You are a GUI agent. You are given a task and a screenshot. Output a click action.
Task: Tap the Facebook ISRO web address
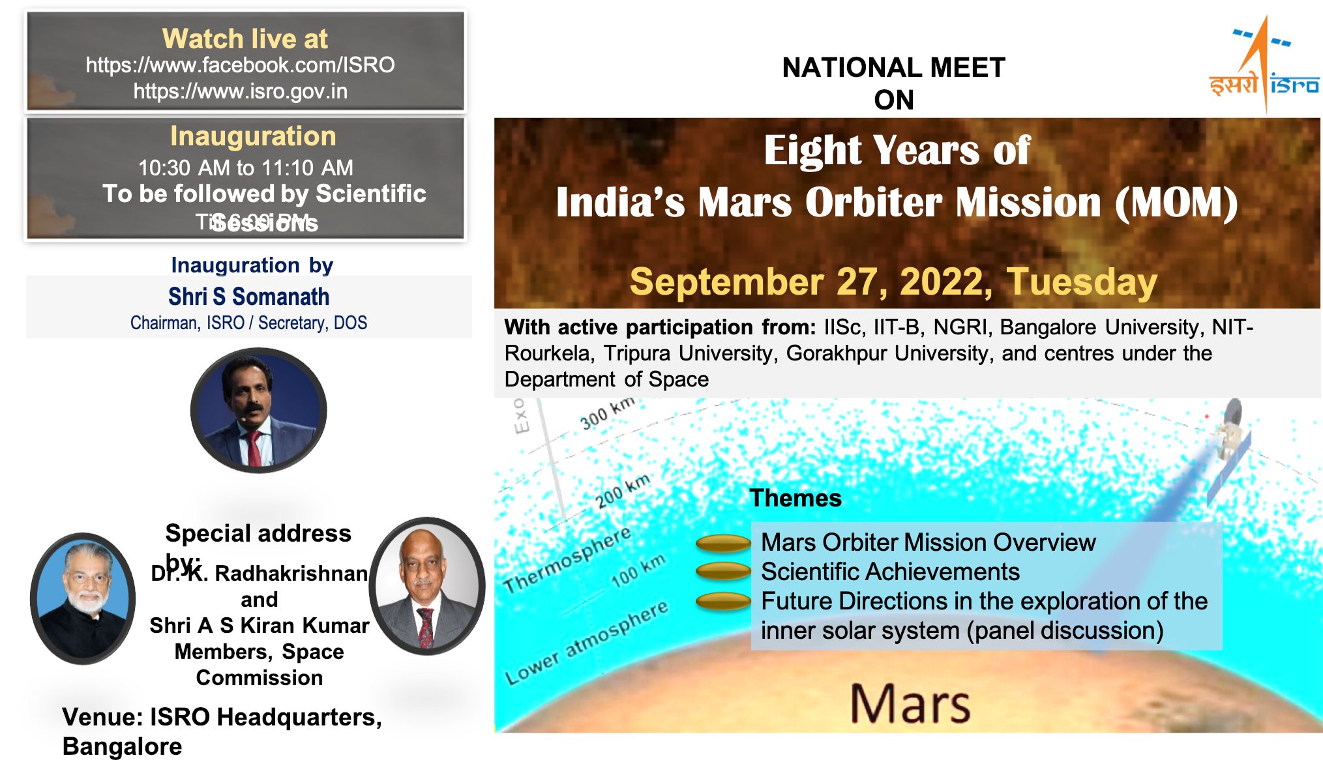tap(240, 65)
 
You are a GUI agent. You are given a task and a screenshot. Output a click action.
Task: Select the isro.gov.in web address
tap(240, 91)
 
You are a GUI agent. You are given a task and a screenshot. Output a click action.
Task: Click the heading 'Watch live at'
tap(245, 39)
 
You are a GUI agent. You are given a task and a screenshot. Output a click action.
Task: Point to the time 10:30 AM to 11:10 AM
tap(245, 168)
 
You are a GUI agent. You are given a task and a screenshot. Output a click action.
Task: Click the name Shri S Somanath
tap(248, 297)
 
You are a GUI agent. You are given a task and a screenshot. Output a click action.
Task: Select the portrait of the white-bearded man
tap(83, 598)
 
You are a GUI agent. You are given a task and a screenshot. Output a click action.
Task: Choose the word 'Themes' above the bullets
tap(795, 498)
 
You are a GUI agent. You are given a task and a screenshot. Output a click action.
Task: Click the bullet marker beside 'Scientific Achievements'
tap(723, 571)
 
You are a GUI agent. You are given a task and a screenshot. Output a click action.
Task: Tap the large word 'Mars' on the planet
tap(910, 703)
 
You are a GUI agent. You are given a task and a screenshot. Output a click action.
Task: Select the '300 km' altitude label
tap(607, 413)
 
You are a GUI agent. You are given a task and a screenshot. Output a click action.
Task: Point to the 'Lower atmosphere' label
tap(587, 642)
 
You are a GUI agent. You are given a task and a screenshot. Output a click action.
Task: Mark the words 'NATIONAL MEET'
tap(893, 68)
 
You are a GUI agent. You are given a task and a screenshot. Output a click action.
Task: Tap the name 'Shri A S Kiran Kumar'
tap(259, 625)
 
